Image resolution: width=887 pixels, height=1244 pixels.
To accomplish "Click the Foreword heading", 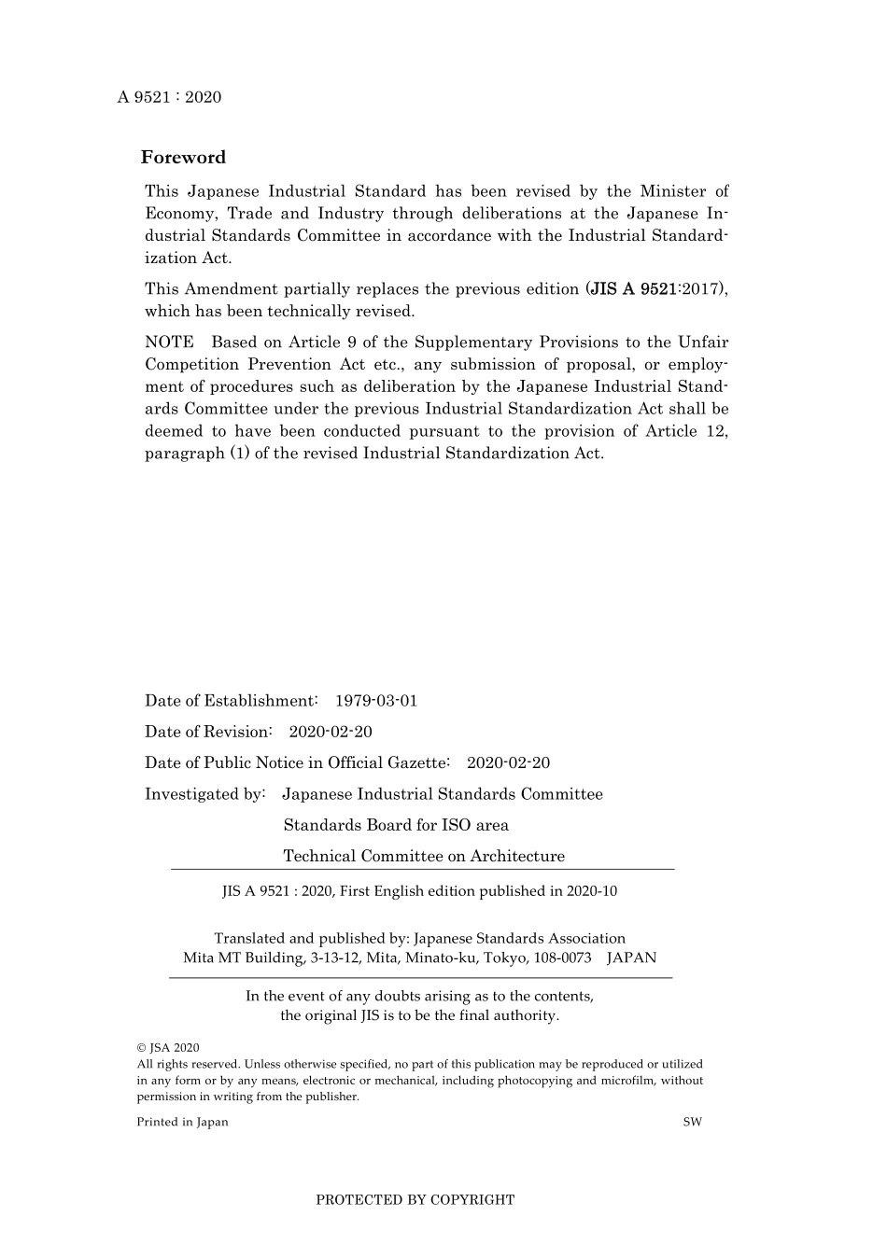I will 184,158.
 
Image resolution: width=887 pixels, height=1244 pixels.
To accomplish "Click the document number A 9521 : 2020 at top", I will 169,97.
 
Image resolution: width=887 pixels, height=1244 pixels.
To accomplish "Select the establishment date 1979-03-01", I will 376,701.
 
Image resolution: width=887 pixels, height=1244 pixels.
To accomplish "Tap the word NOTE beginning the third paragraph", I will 170,342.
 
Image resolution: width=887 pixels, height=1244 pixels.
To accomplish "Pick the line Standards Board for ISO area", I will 396,825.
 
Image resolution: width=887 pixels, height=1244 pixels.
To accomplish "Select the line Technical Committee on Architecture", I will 424,856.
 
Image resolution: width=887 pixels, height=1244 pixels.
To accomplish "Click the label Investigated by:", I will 205,794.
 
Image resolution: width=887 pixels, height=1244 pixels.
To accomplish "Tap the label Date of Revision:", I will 208,732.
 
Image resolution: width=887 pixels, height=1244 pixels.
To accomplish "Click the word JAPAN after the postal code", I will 632,957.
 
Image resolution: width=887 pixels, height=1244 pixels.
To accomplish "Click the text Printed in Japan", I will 182,1122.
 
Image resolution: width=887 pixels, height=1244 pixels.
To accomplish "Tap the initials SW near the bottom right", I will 692,1122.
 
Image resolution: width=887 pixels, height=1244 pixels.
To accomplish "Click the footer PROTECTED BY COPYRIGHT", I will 415,1200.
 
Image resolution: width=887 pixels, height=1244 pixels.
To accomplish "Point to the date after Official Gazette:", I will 508,763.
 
